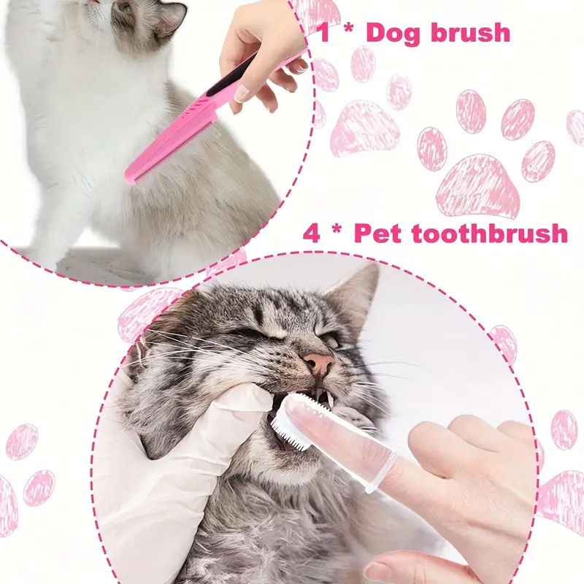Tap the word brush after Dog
(471, 32)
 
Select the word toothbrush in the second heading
(490, 234)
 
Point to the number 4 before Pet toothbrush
(312, 234)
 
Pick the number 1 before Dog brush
(325, 33)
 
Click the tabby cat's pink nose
(318, 361)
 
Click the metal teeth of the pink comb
(175, 160)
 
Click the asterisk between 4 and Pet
(337, 228)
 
